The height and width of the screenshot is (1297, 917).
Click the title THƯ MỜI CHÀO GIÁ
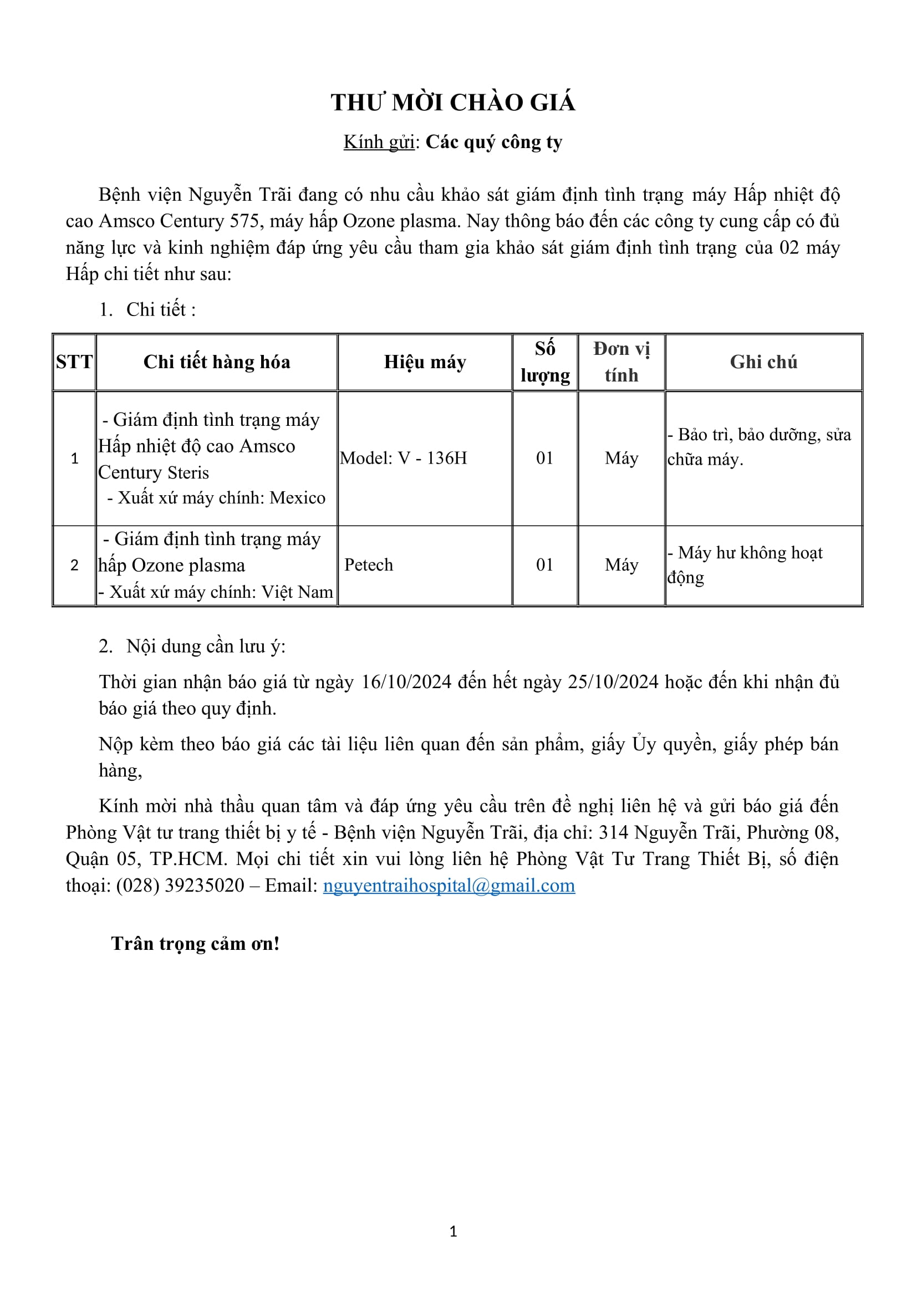pyautogui.click(x=453, y=103)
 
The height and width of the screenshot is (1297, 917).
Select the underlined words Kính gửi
pyautogui.click(x=379, y=143)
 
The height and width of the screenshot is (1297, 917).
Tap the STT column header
pyautogui.click(x=74, y=362)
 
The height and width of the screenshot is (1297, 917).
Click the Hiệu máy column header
pyautogui.click(x=425, y=362)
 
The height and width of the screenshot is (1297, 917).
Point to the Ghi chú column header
pyautogui.click(x=763, y=362)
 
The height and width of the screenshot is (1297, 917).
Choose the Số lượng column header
pyautogui.click(x=545, y=362)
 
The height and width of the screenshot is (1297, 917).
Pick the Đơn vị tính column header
pyautogui.click(x=621, y=362)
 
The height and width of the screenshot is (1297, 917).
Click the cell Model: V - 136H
pyautogui.click(x=404, y=458)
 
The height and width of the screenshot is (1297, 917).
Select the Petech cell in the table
pyautogui.click(x=369, y=565)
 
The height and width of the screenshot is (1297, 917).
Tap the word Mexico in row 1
pyautogui.click(x=298, y=497)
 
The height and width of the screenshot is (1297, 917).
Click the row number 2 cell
pyautogui.click(x=74, y=565)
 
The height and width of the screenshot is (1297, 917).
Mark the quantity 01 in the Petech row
pyautogui.click(x=545, y=565)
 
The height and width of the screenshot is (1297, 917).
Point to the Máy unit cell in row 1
pyautogui.click(x=621, y=458)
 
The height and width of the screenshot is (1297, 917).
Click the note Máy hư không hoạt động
pyautogui.click(x=745, y=565)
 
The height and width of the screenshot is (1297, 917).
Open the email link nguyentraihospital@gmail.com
pyautogui.click(x=449, y=885)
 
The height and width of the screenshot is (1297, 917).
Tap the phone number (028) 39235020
pyautogui.click(x=181, y=885)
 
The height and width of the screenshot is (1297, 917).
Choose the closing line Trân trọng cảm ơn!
pyautogui.click(x=195, y=943)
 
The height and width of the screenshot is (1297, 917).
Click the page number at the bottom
pyautogui.click(x=453, y=1232)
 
